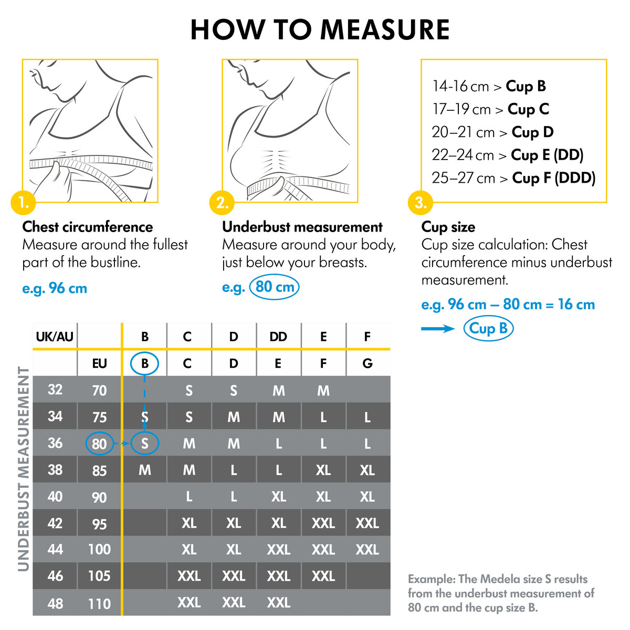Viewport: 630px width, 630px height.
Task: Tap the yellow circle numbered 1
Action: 23,203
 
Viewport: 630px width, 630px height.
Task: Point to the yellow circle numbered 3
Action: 421,203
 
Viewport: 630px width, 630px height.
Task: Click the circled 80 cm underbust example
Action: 274,288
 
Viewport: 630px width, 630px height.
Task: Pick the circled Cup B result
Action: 488,329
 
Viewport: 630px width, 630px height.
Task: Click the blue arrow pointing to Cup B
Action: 438,329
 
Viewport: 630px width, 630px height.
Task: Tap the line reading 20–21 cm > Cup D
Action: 492,132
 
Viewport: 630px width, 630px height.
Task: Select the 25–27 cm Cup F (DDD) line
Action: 513,178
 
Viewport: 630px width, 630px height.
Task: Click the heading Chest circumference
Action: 88,227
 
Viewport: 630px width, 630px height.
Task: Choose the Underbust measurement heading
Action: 302,227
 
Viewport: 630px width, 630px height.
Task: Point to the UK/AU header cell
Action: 55,337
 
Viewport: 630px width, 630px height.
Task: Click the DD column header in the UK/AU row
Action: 278,337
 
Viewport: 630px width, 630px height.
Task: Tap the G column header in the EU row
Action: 367,363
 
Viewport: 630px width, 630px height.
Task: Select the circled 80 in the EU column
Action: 99,444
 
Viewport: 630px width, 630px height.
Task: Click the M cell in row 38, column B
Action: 145,470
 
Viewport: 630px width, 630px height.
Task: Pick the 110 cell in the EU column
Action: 99,604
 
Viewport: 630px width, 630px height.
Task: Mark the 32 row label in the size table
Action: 55,390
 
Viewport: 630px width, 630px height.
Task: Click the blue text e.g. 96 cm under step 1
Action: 55,288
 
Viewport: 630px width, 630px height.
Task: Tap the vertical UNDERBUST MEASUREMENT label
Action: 24,469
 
